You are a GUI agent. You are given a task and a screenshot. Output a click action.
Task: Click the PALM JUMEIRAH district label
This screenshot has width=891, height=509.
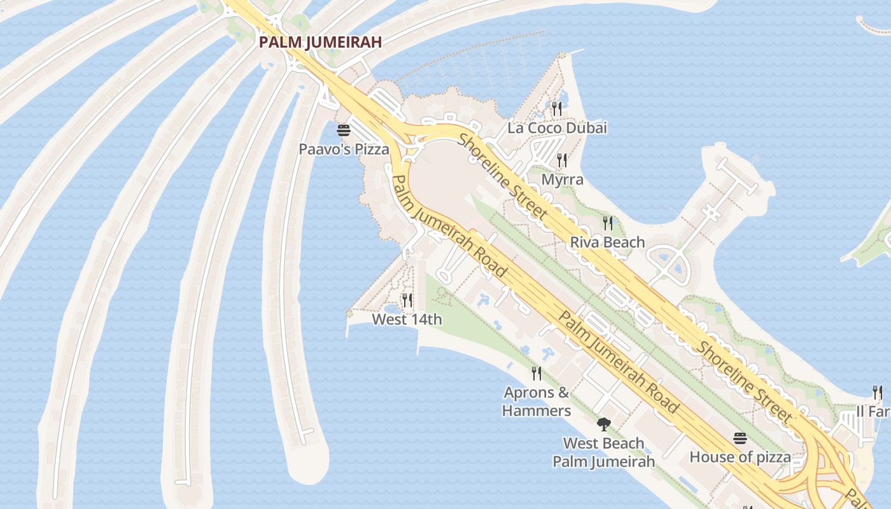coord(320,43)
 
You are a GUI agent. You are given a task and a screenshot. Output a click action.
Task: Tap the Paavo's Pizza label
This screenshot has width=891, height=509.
coord(344,150)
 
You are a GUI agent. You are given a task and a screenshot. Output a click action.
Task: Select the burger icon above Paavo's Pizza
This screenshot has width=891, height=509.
coord(344,131)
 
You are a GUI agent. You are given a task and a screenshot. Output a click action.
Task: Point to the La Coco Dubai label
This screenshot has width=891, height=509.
coord(557,128)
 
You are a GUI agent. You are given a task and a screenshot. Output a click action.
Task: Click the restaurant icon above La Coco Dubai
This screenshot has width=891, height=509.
coord(557,108)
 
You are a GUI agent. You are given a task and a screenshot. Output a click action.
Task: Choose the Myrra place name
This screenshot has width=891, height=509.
coord(562,179)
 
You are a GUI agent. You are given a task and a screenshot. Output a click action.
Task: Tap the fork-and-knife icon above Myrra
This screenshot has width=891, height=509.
coord(562,160)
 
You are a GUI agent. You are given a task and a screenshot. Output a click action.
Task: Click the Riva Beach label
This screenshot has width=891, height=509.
coord(607,242)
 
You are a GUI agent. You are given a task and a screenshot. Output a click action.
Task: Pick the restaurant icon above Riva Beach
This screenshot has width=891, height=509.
coord(608,223)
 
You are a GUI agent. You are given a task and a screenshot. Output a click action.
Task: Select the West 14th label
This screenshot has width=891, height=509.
coord(407,319)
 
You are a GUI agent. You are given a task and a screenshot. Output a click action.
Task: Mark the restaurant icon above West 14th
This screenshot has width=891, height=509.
coord(407,300)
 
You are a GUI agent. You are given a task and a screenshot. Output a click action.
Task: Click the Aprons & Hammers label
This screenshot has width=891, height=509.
coord(537,401)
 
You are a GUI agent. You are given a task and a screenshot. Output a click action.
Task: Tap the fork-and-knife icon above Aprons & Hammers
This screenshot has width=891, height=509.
coord(537,373)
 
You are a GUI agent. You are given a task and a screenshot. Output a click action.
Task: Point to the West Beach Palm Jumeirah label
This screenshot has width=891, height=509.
coord(603,452)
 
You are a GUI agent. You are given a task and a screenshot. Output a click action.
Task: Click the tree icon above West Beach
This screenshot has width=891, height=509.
coord(603,424)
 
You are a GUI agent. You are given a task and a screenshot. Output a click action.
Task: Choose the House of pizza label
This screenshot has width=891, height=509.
coord(740,457)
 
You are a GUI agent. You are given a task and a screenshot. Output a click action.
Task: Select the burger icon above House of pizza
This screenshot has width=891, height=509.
coord(740,438)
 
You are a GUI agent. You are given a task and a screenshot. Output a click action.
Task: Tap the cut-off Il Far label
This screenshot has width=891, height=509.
coord(873,412)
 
